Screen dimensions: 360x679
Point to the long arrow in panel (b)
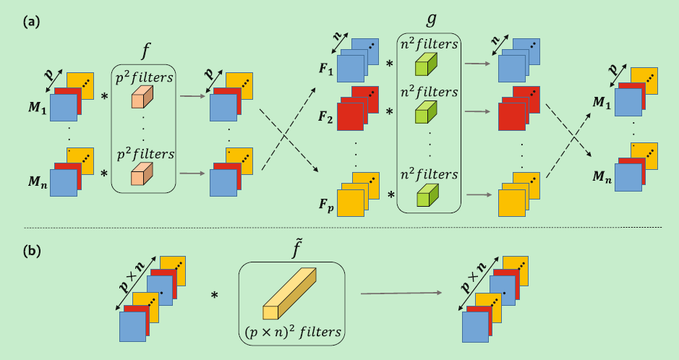tap(401, 293)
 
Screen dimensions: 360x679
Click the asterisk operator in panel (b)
tap(215, 295)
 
